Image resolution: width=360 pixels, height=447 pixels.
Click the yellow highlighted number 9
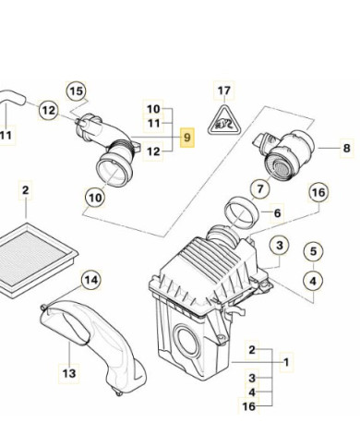(x=187, y=138)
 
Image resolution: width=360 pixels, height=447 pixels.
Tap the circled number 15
(x=77, y=91)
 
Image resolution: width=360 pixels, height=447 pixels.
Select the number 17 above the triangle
(x=224, y=91)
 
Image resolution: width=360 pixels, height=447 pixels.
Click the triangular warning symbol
(x=224, y=122)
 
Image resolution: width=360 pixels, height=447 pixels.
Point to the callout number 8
(x=347, y=148)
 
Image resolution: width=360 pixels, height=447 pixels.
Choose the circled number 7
(x=260, y=188)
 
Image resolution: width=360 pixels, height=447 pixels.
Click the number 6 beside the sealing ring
(x=277, y=212)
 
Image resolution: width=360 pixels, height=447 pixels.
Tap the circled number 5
(x=313, y=251)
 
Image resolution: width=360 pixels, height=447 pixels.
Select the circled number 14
(x=91, y=280)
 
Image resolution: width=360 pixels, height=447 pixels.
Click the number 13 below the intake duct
(x=69, y=373)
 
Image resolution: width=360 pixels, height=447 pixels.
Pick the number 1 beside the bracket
(x=286, y=362)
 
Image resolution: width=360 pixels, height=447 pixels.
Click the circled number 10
(x=95, y=198)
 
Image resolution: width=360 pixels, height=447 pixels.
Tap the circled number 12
(x=49, y=110)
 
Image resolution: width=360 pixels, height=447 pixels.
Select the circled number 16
(x=318, y=192)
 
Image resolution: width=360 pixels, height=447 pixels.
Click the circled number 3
(x=280, y=246)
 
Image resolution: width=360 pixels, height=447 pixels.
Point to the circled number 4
(x=313, y=281)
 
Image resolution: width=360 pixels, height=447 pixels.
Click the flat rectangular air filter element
(x=34, y=260)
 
